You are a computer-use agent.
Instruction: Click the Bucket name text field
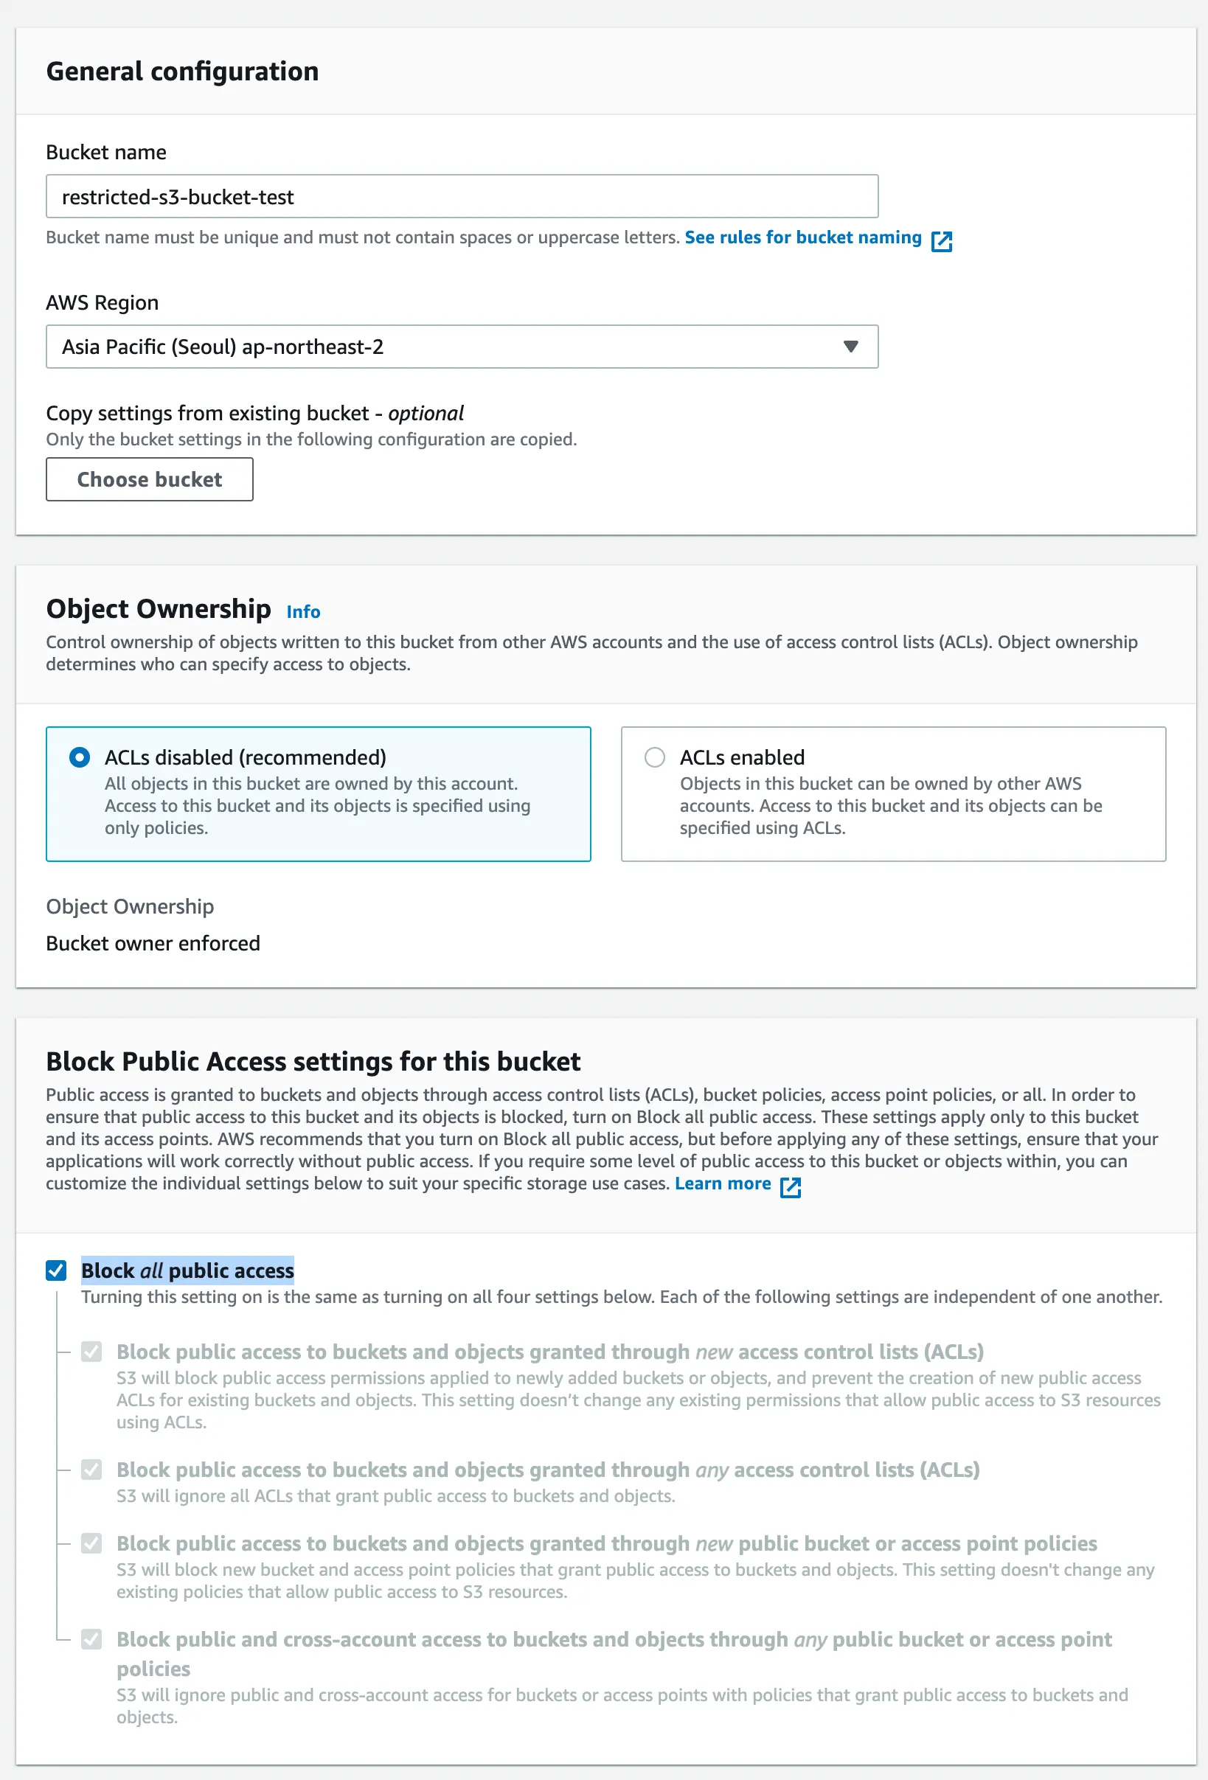[x=461, y=197]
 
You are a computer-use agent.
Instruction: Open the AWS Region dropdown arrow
[x=850, y=347]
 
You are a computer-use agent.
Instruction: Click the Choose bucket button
[x=150, y=479]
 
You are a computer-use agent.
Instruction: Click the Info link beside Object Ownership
[x=303, y=612]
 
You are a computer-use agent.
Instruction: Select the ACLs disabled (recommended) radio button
[x=80, y=757]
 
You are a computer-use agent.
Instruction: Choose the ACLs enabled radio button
[x=654, y=757]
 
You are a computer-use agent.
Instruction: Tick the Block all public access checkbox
[x=57, y=1270]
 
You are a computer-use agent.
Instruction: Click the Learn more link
[x=722, y=1183]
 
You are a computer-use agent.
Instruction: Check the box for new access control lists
[x=92, y=1352]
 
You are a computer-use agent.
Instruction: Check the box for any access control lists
[x=92, y=1470]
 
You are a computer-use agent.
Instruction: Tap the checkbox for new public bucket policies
[x=92, y=1543]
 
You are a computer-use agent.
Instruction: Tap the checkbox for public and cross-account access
[x=92, y=1639]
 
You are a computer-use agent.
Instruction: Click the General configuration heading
[x=182, y=72]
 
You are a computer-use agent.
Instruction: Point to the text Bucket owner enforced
[x=153, y=943]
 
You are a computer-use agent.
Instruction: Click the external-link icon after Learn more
[x=791, y=1187]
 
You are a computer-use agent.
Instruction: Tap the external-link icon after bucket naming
[x=942, y=241]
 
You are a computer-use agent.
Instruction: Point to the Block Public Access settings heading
[x=313, y=1062]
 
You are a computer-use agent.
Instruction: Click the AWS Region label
[x=103, y=302]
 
